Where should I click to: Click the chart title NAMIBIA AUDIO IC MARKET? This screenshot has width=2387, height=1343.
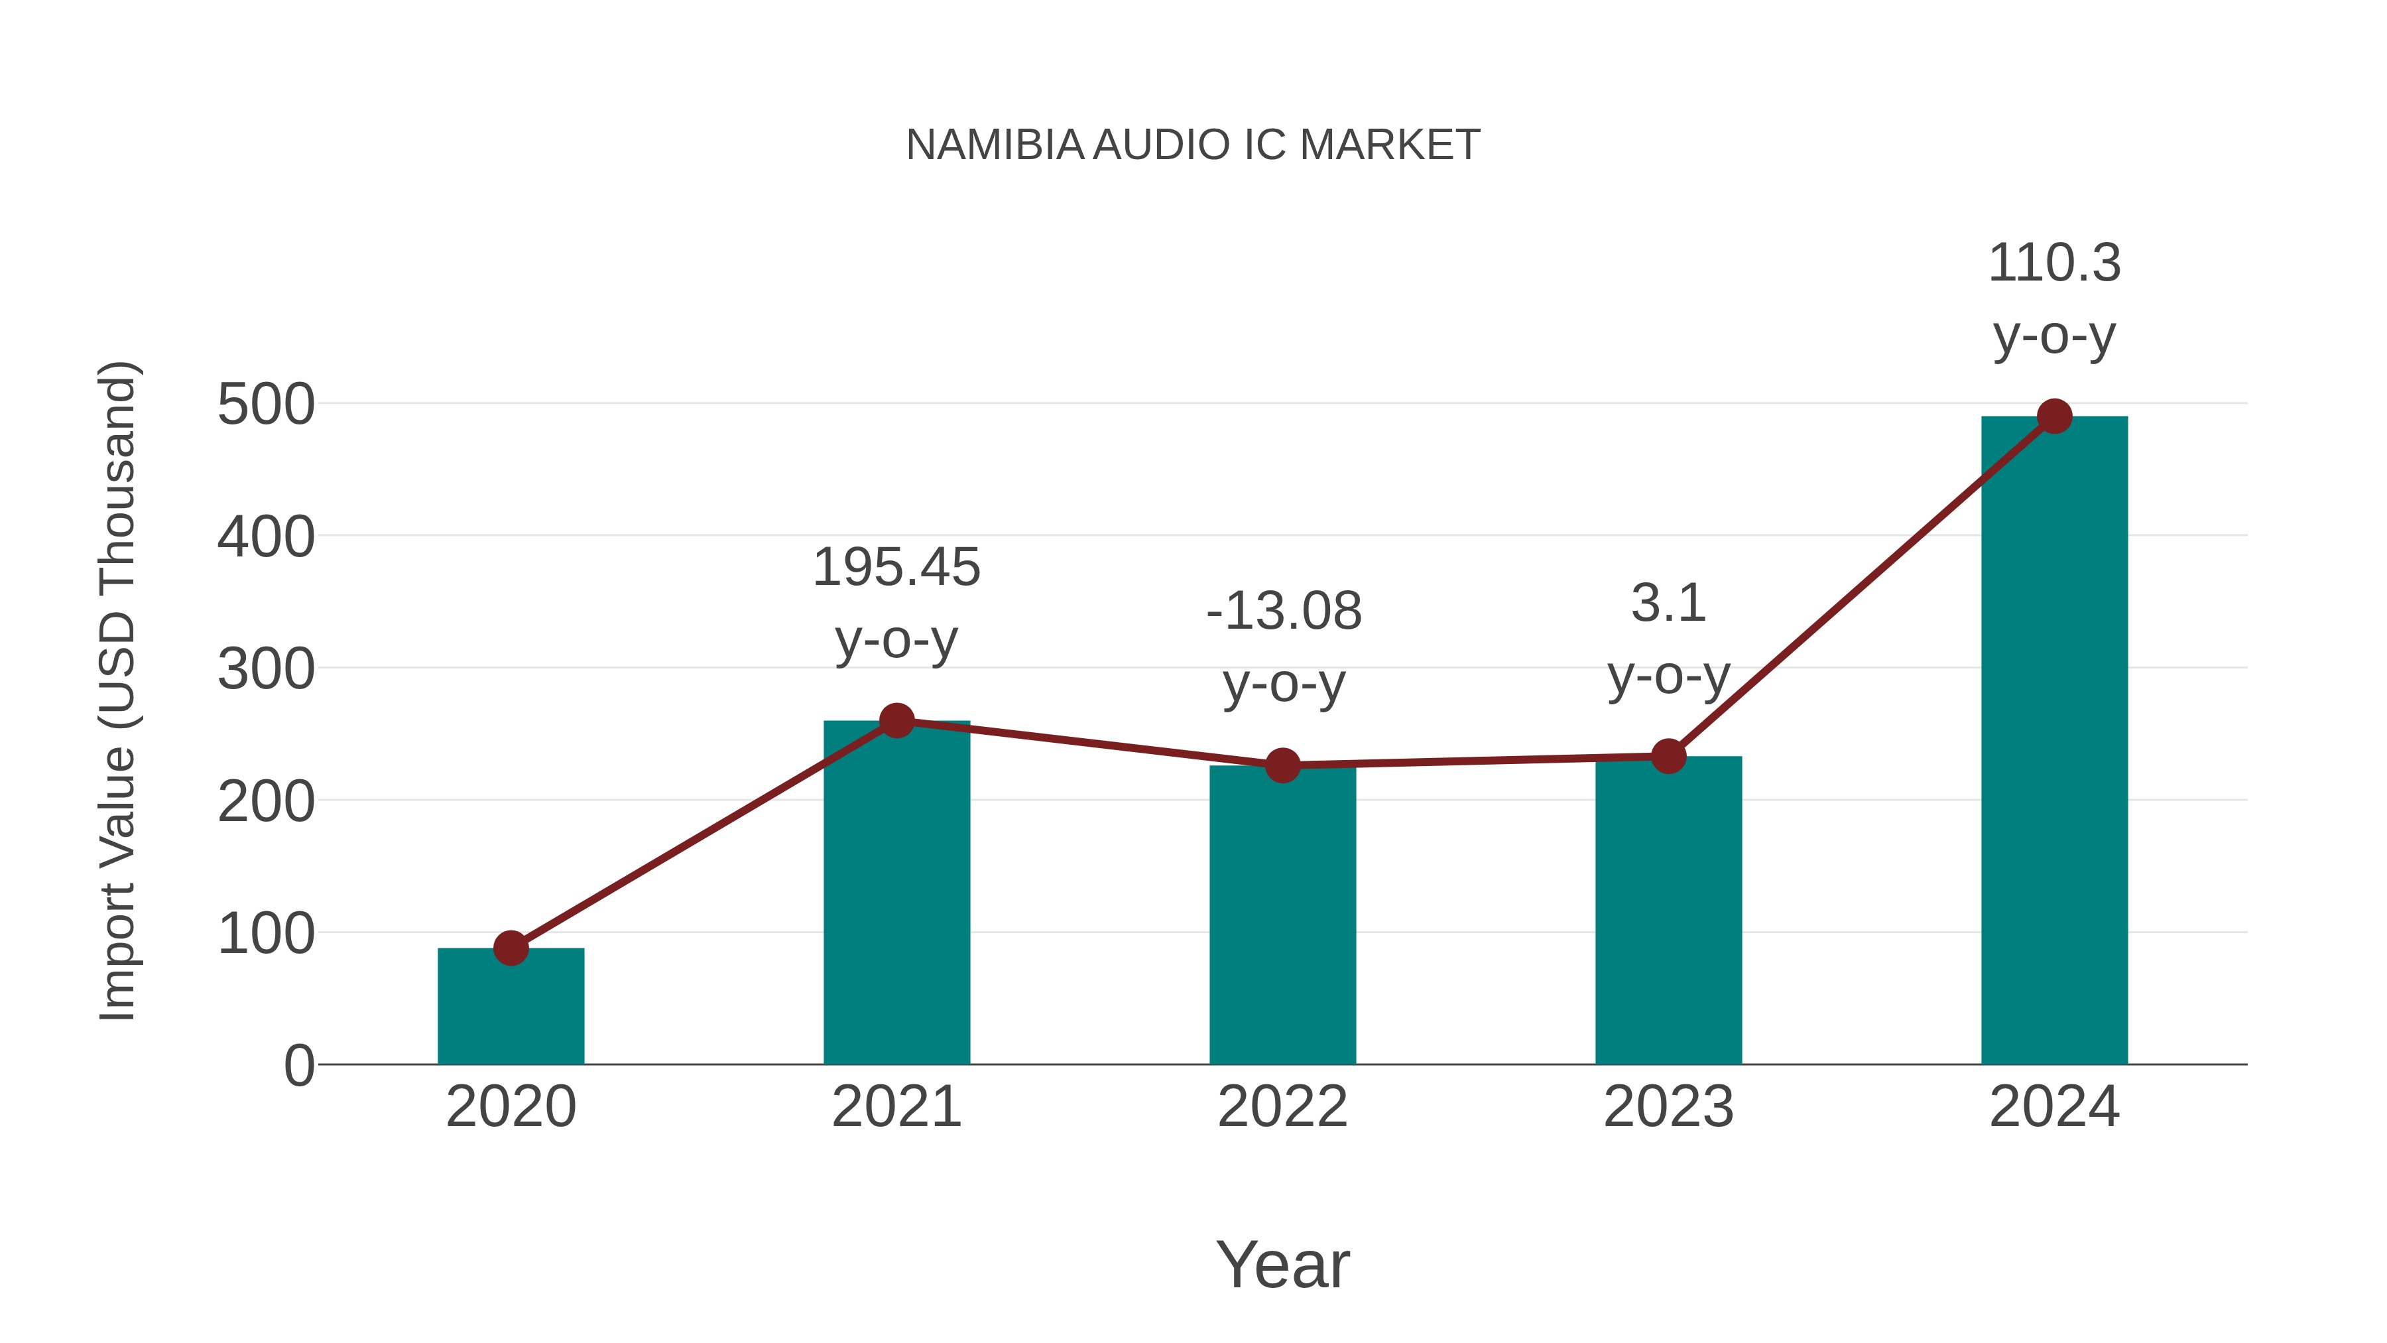[x=1193, y=145]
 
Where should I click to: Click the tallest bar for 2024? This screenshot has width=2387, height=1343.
[x=2054, y=741]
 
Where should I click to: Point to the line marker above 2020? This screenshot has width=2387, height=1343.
[x=511, y=948]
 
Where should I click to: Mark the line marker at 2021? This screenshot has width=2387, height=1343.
[x=896, y=720]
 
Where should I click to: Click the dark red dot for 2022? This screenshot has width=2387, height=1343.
[x=1282, y=765]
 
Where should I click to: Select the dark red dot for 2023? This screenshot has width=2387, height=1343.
[x=1668, y=756]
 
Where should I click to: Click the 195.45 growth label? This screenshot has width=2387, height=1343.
[x=896, y=568]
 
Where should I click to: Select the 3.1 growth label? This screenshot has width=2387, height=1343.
[x=1668, y=604]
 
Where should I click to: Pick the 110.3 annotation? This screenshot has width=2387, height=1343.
[x=2054, y=264]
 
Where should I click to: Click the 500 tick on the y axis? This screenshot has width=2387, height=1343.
[x=266, y=405]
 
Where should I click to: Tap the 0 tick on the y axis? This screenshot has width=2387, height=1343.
[x=298, y=1066]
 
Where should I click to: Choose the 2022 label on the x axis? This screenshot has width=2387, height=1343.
[x=1282, y=1108]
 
